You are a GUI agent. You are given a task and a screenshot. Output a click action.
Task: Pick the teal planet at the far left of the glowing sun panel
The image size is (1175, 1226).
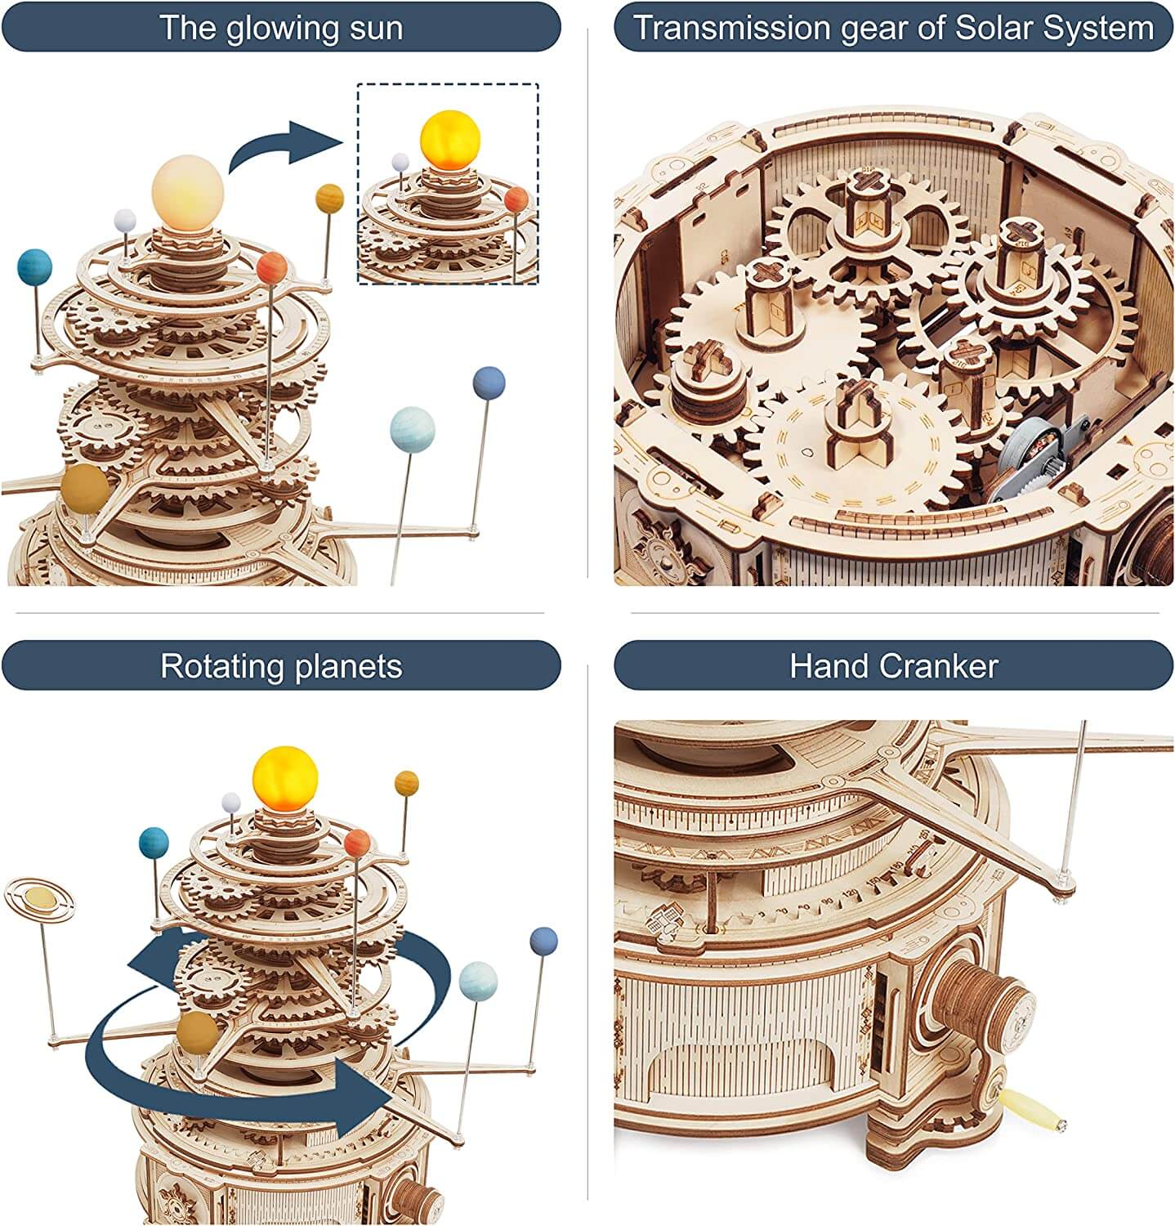pos(34,268)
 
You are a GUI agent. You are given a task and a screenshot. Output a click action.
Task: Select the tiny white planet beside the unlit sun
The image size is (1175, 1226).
pos(124,219)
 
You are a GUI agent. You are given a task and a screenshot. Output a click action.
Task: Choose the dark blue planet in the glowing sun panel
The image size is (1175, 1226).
pos(489,383)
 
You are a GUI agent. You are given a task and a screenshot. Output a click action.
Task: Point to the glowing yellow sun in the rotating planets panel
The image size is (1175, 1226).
pos(284,774)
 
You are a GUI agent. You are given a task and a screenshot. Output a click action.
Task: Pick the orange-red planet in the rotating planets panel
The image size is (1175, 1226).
pos(358,843)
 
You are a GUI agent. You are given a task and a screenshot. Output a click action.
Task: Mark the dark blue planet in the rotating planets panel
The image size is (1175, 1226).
pos(543,941)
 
